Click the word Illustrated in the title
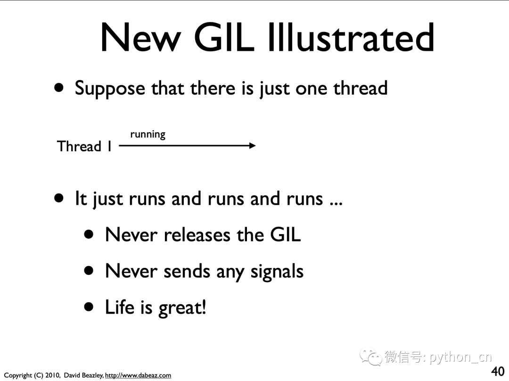[x=351, y=37]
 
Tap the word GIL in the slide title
[x=224, y=37]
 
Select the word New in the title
[x=140, y=37]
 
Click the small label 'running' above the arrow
[x=148, y=134]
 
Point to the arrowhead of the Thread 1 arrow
[x=253, y=146]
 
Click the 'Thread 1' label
[x=84, y=146]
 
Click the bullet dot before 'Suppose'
[x=59, y=88]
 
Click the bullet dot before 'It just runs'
[x=59, y=198]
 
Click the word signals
[x=277, y=272]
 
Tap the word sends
[x=187, y=271]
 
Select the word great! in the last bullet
[x=182, y=308]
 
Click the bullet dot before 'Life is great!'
[x=89, y=307]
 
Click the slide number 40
[x=498, y=371]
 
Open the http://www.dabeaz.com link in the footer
[x=138, y=375]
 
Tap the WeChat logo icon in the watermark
[x=370, y=357]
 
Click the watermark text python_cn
[x=460, y=357]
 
